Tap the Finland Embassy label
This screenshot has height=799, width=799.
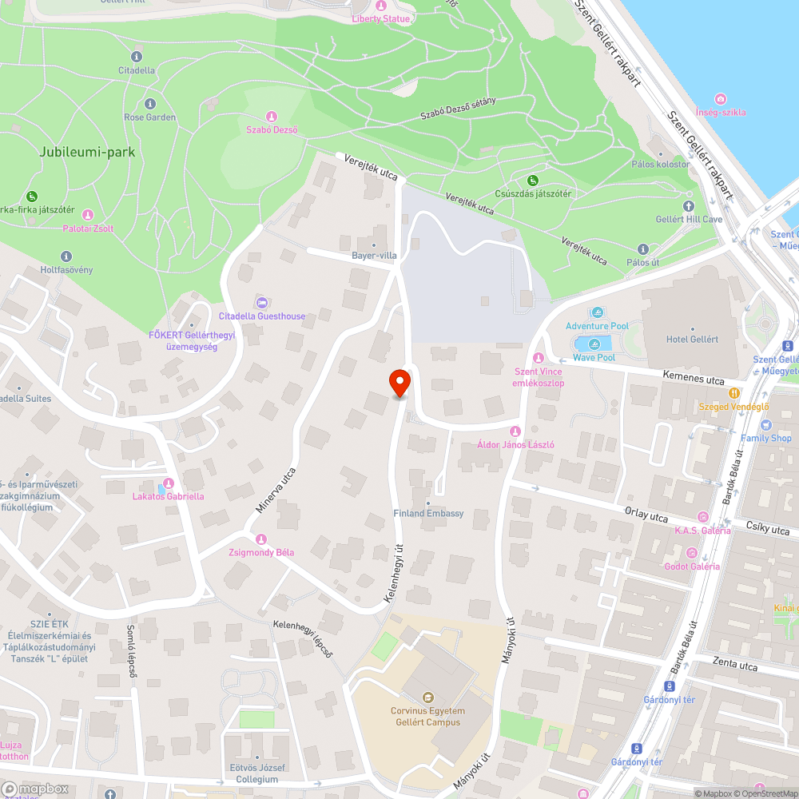click(x=428, y=513)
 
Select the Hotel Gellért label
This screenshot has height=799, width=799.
click(x=692, y=339)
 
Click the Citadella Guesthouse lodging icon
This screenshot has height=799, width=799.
click(x=261, y=302)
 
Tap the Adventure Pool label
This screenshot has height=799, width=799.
click(x=597, y=326)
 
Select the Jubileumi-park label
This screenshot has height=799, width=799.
click(x=76, y=151)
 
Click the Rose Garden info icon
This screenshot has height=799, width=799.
click(x=150, y=104)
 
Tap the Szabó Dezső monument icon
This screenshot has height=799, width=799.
click(x=271, y=117)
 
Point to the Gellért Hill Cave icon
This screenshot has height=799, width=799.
click(x=689, y=206)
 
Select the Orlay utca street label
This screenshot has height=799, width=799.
click(x=646, y=517)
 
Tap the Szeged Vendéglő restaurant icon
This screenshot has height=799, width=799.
click(x=733, y=392)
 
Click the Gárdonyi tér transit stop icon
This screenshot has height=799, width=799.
click(x=636, y=749)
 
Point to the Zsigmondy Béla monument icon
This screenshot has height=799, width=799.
click(x=260, y=539)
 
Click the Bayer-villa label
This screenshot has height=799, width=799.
click(x=374, y=256)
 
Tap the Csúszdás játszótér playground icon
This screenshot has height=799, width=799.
click(x=532, y=180)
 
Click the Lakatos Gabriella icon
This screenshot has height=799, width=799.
click(x=167, y=483)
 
